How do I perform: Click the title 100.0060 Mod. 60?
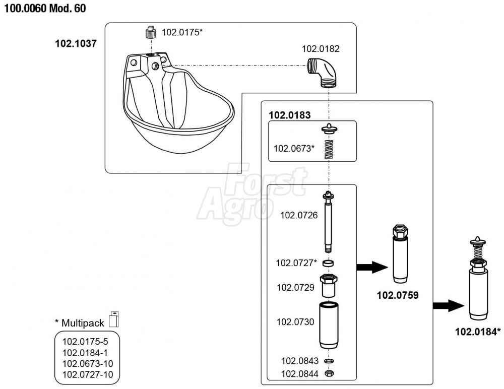45,10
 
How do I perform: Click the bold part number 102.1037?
76,44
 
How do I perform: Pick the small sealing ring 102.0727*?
329,263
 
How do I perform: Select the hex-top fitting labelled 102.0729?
329,286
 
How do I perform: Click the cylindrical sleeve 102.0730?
329,325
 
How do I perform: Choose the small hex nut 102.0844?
329,374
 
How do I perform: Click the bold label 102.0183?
289,114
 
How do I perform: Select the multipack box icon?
114,319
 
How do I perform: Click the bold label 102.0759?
398,295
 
